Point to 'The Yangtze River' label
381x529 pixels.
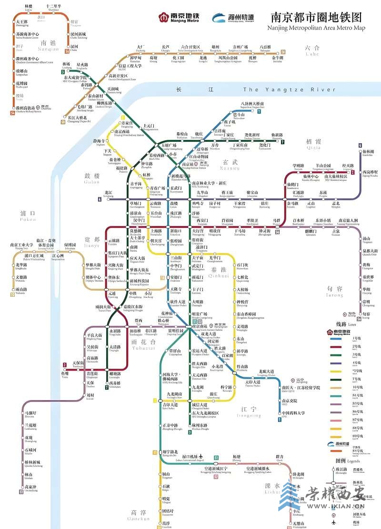[282, 89]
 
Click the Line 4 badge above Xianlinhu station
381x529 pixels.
[360, 146]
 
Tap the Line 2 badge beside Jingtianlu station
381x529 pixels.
[353, 172]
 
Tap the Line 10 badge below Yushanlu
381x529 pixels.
[13, 295]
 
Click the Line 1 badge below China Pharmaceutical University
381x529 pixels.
[280, 419]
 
